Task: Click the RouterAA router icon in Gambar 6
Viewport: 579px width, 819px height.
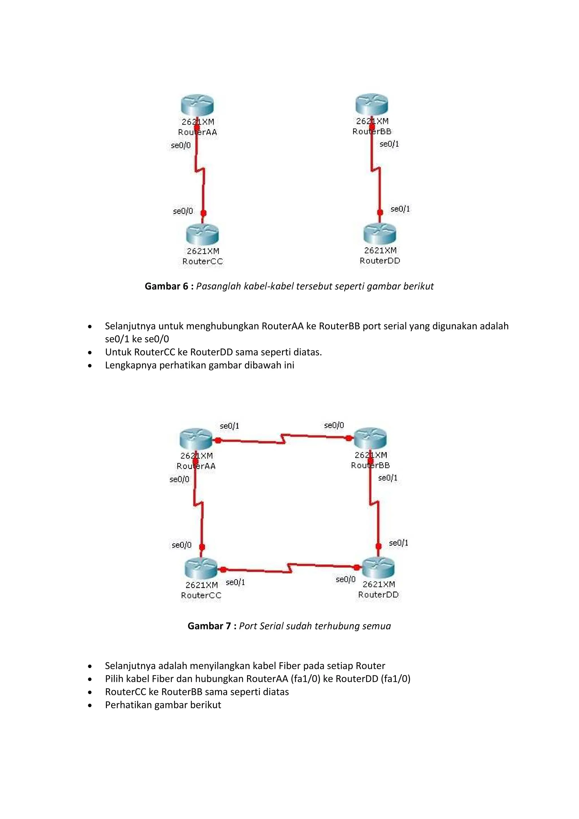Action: point(197,105)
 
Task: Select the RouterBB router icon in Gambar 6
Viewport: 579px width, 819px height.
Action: point(371,105)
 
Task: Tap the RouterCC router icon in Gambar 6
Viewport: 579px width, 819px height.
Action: point(202,234)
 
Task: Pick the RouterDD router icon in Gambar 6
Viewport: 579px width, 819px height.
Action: point(380,234)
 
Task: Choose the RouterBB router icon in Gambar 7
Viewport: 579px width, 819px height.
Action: point(370,438)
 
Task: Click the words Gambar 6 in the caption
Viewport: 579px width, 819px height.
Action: point(166,286)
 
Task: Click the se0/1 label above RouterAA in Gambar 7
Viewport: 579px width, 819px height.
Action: point(230,426)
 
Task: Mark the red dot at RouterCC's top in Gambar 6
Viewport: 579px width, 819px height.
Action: point(203,213)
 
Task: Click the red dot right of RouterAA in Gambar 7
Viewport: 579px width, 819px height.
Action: point(218,441)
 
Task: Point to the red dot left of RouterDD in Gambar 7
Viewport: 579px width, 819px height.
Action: point(357,568)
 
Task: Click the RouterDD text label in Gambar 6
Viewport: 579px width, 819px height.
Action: point(380,261)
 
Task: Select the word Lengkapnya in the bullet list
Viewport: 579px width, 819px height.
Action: point(131,365)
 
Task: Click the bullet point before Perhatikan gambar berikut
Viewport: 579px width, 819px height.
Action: point(90,705)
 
